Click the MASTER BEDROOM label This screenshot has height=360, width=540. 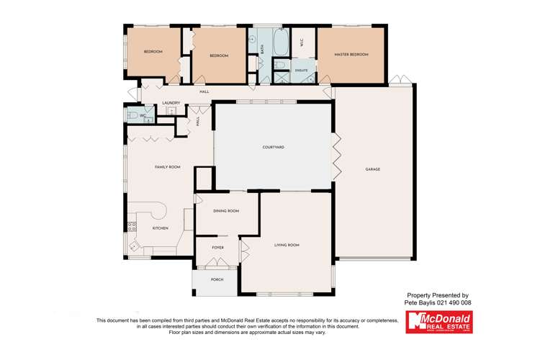pos(351,55)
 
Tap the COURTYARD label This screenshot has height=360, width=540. pos(273,147)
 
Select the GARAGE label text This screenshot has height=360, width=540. pos(372,169)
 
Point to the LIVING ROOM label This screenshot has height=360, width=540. pos(287,246)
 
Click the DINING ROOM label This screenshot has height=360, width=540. pos(226,211)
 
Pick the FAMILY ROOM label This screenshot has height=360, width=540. pos(167,167)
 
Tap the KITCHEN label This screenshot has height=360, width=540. pos(160,228)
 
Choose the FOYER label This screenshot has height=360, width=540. pos(217,248)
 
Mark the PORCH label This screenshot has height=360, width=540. pos(217,279)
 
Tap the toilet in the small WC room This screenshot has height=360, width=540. pos(132,114)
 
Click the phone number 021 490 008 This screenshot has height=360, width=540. pos(454,303)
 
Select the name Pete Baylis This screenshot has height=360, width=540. pos(420,303)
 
